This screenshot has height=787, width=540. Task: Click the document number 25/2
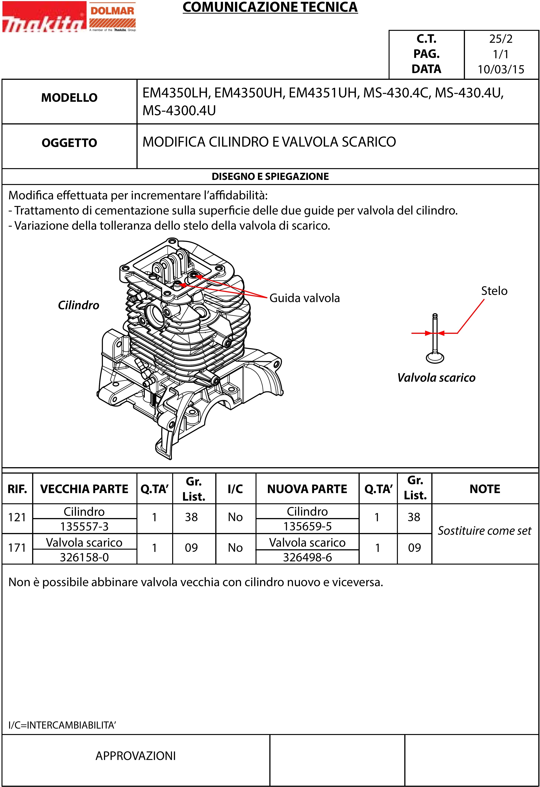tap(501, 39)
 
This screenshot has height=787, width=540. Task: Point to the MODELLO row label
tap(69, 98)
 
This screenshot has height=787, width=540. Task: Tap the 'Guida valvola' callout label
tap(304, 298)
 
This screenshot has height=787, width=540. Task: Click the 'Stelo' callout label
tap(494, 291)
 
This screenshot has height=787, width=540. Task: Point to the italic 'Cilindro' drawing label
tap(78, 305)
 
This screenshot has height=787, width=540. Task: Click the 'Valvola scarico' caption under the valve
tap(436, 378)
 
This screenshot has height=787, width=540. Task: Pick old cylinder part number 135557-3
tap(84, 527)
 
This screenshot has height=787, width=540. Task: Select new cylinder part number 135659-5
tap(307, 527)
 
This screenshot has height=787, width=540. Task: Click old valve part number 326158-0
tap(84, 557)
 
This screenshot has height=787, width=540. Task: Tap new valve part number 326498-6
tap(307, 557)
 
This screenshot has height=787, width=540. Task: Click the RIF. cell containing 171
tap(17, 548)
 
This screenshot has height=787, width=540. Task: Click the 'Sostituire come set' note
tap(484, 531)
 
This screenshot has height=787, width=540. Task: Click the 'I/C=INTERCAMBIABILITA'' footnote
tap(62, 725)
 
